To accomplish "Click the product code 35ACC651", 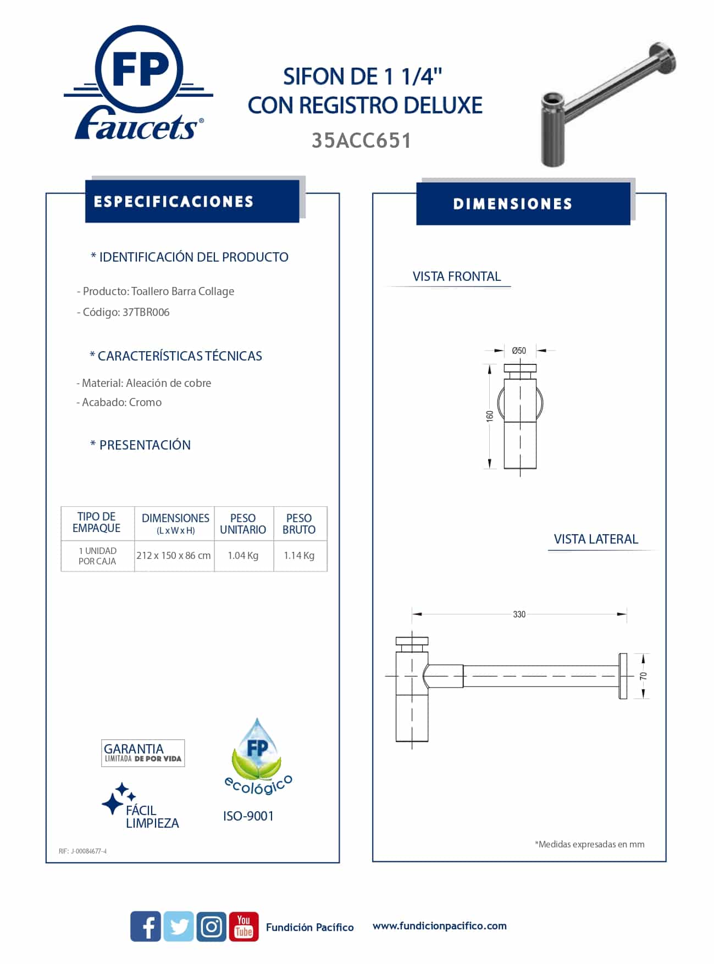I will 361,141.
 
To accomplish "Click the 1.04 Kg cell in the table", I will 243,556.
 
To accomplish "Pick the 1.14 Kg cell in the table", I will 299,556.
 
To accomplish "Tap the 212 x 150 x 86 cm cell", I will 174,556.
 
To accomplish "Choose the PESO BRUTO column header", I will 299,524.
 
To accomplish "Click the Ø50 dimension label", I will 519,351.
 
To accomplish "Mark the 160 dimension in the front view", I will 490,416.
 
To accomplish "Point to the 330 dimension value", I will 519,614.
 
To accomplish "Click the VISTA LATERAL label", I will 596,539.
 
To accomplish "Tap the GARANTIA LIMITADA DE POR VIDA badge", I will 143,753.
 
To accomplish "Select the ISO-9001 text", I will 248,816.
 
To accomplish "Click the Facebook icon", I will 146,927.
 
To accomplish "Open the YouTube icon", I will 243,927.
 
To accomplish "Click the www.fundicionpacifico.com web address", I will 440,926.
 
